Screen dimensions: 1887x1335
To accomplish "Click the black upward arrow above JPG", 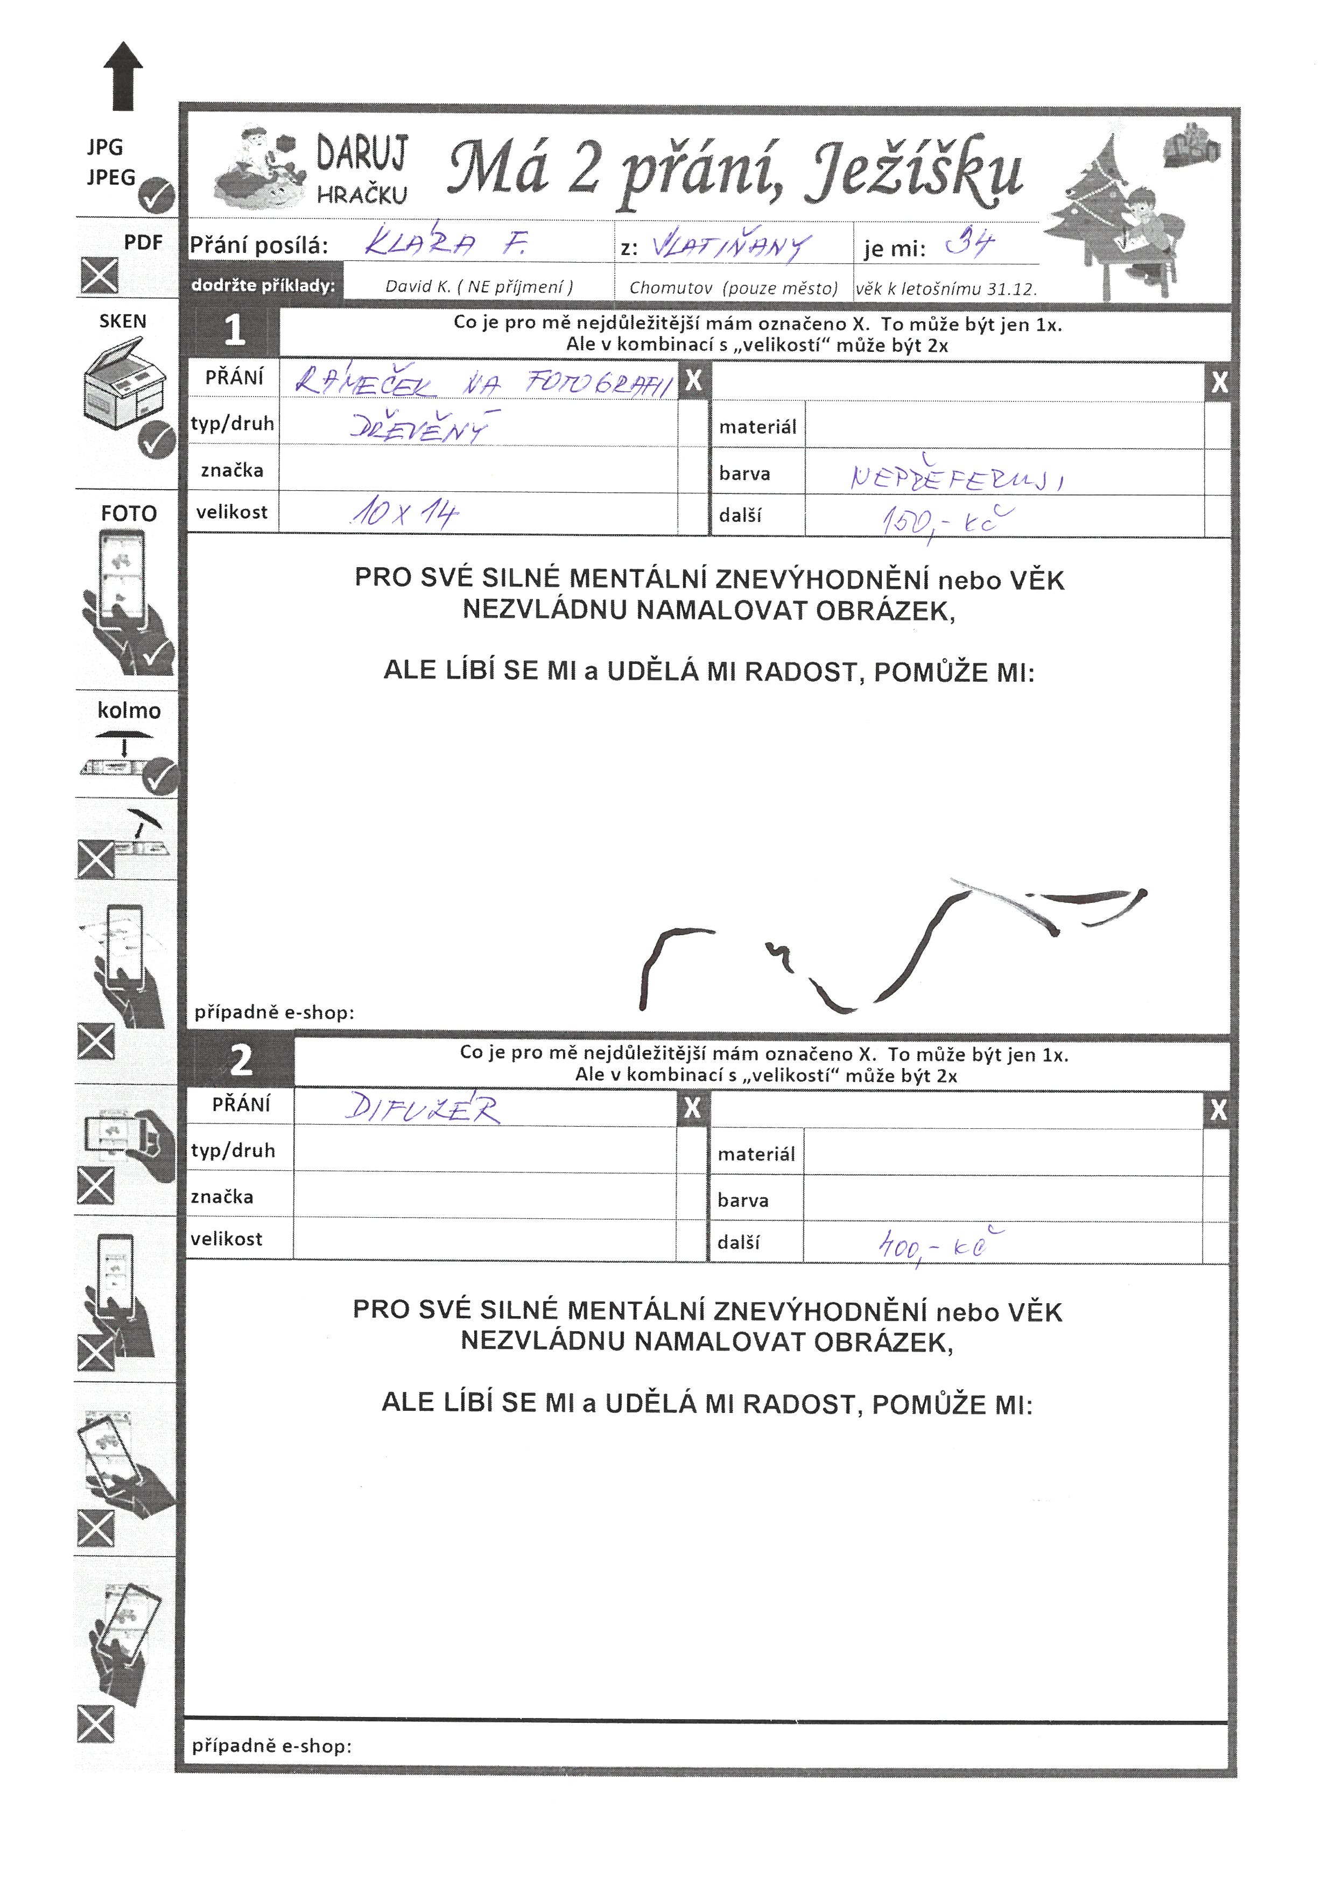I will (x=123, y=76).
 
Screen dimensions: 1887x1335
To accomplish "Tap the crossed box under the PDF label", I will (x=100, y=275).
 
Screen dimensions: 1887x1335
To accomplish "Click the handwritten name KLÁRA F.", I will (x=444, y=243).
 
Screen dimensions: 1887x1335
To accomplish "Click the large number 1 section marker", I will (x=234, y=330).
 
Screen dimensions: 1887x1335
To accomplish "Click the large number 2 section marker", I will (x=240, y=1060).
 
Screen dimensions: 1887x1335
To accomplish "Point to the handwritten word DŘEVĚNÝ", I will (x=419, y=427).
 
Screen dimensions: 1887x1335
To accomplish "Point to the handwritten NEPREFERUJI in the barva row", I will (x=957, y=477).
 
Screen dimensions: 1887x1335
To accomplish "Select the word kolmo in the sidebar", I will (x=129, y=710).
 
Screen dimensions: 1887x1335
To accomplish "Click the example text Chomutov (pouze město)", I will (x=733, y=288).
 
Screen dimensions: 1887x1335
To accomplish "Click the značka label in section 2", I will (x=222, y=1197).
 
